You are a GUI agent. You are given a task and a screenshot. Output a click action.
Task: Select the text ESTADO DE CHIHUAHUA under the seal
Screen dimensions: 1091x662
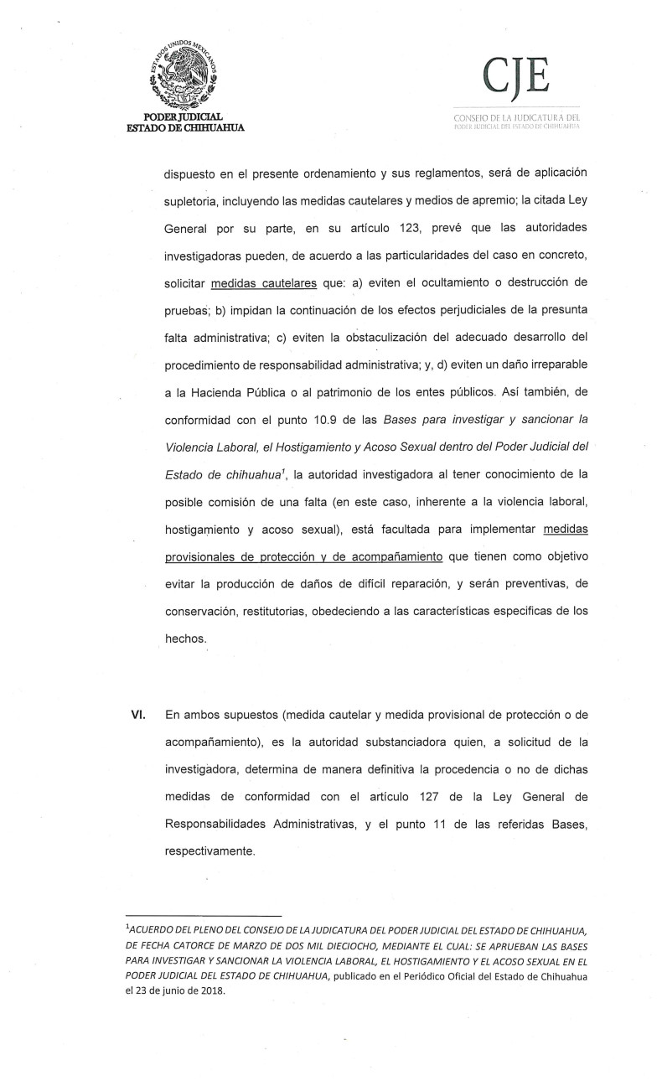tap(185, 127)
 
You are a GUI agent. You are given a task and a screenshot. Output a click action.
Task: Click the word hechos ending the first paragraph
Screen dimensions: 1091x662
tap(185, 638)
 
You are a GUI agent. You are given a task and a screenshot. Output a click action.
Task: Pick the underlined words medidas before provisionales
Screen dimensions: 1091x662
tap(566, 529)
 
